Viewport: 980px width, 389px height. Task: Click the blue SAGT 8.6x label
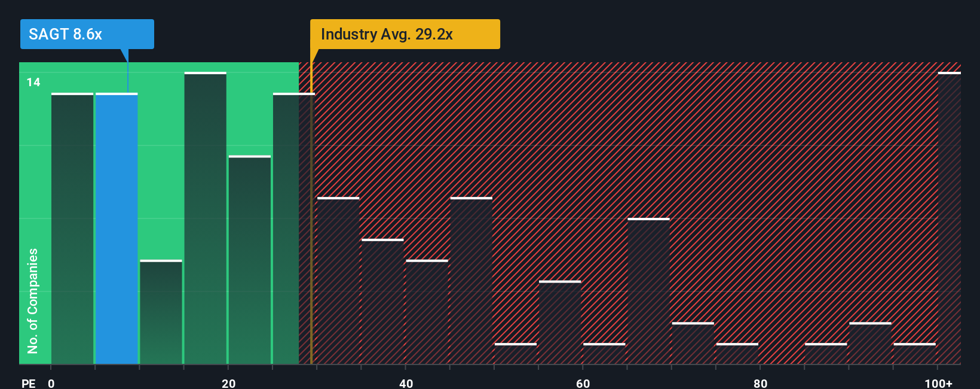click(87, 34)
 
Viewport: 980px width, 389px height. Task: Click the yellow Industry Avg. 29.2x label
click(405, 34)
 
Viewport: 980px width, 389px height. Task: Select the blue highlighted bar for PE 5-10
click(117, 229)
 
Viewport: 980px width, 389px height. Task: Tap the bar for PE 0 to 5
click(72, 229)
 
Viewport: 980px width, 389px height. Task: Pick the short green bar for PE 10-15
click(161, 312)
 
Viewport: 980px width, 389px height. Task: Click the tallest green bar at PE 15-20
click(205, 218)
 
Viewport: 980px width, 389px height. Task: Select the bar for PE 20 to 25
click(249, 260)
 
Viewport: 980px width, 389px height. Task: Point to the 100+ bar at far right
click(949, 218)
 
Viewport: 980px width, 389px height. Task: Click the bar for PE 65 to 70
click(648, 291)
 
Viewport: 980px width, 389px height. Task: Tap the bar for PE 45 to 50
click(471, 281)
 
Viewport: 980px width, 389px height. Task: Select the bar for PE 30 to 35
click(338, 281)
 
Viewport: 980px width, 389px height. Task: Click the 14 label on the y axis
click(33, 82)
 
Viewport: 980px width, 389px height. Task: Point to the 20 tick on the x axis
click(228, 383)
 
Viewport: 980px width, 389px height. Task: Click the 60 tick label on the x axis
click(583, 383)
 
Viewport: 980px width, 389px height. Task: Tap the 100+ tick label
click(938, 383)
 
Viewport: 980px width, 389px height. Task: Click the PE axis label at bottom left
click(28, 383)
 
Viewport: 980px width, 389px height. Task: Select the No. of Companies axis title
click(33, 300)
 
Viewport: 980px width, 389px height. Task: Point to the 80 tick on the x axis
click(760, 383)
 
